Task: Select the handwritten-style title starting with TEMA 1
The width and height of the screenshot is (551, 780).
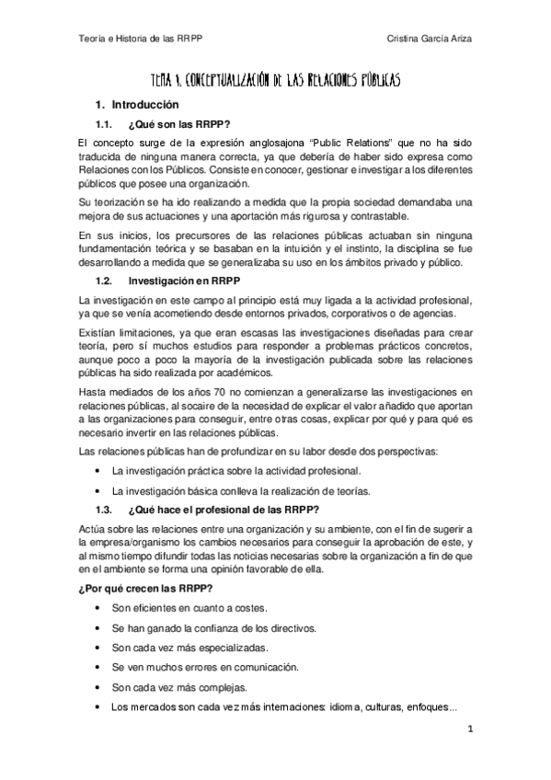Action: click(275, 82)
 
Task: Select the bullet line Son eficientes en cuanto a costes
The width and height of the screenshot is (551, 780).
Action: click(189, 609)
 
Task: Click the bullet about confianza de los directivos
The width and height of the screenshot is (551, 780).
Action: click(214, 628)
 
